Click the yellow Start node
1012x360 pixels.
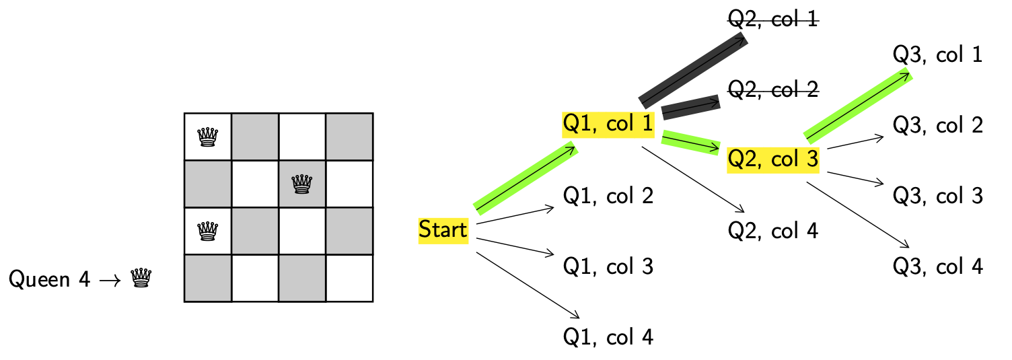[x=443, y=230]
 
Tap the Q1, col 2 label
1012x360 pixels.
[x=608, y=196]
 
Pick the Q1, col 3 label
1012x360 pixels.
[x=608, y=266]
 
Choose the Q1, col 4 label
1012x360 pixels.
[x=608, y=336]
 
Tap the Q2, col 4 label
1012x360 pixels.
[x=773, y=231]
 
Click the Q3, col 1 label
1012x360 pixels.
[x=938, y=55]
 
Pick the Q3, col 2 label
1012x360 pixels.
[x=938, y=125]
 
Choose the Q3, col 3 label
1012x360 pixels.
[x=938, y=196]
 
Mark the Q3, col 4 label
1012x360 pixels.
[x=938, y=266]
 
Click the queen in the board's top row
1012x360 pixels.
[x=208, y=137]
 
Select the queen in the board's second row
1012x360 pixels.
[x=302, y=184]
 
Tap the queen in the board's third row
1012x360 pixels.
[x=208, y=231]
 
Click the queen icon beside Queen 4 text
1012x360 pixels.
[x=141, y=278]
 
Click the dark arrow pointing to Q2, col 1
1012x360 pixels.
[x=693, y=70]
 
